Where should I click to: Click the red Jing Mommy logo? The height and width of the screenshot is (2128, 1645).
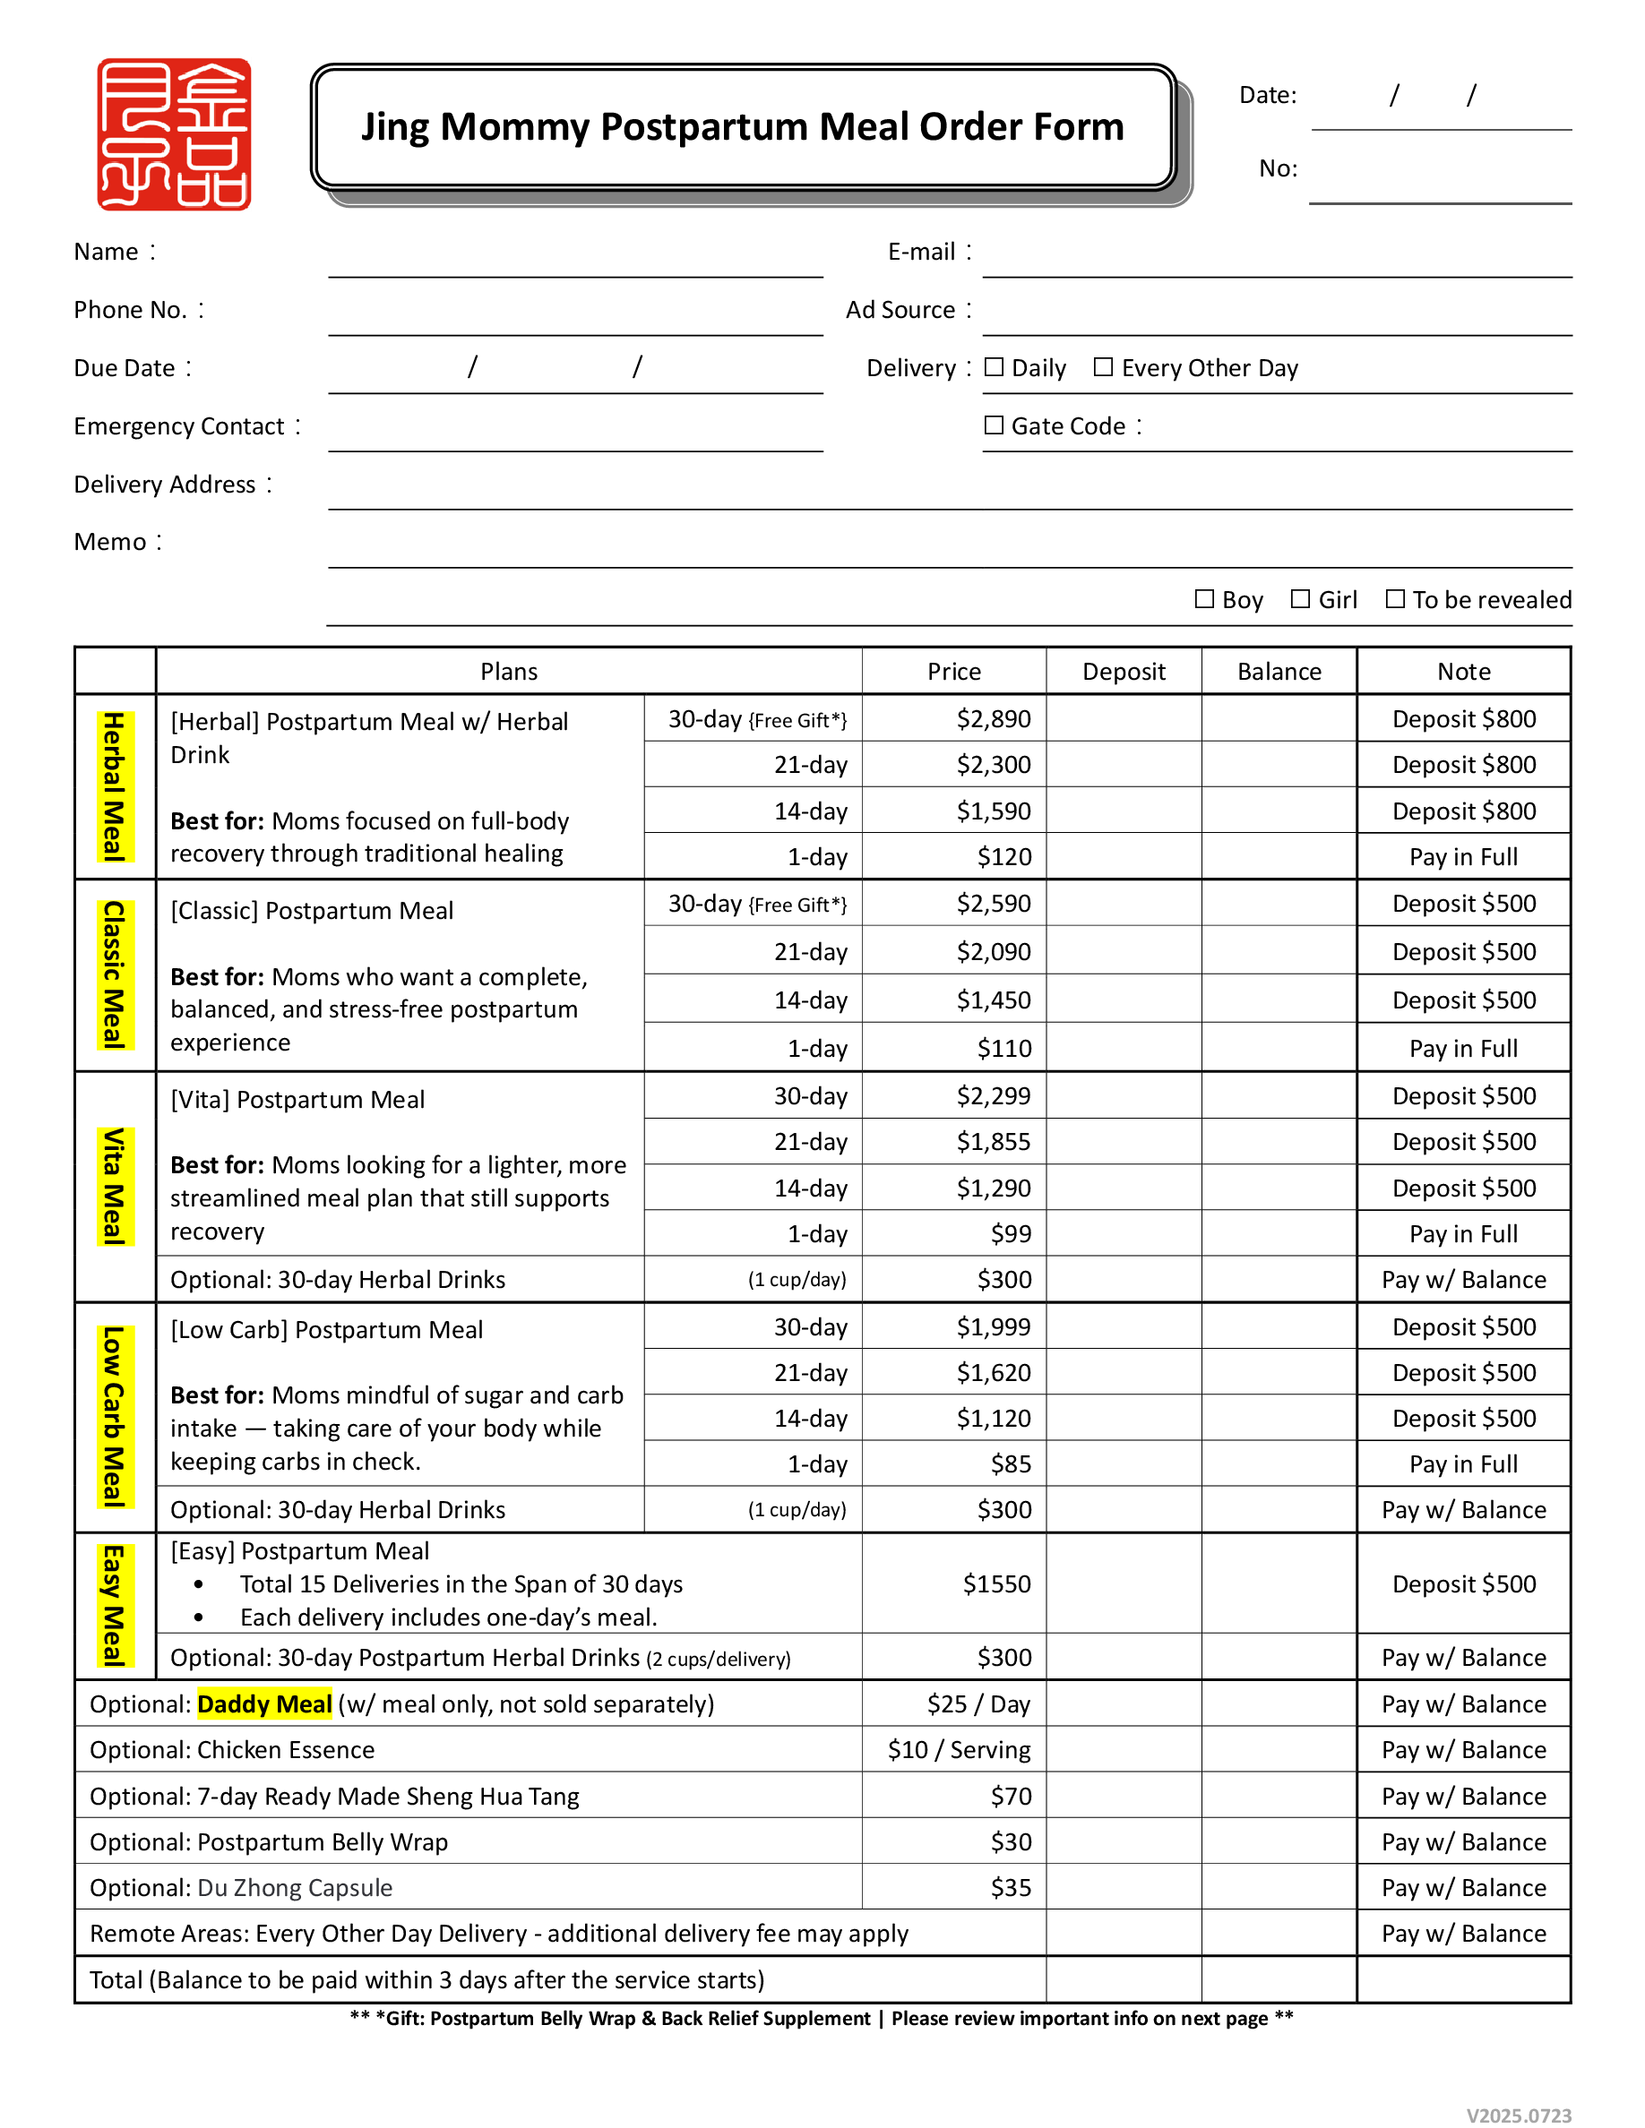coord(174,134)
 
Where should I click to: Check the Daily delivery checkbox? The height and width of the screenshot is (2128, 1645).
coord(994,367)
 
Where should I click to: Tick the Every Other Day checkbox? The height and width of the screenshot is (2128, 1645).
coord(1103,367)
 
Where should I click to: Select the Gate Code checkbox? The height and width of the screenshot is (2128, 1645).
coord(994,425)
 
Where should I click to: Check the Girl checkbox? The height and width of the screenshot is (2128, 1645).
coord(1300,599)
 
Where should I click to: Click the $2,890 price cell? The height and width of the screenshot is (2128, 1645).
coord(993,719)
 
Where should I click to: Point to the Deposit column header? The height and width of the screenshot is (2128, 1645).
coord(1124,672)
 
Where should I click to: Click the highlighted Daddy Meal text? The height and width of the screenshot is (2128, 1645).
coord(264,1704)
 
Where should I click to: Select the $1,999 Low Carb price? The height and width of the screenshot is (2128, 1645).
coord(993,1327)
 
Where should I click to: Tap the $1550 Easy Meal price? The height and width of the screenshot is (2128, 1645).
coord(996,1584)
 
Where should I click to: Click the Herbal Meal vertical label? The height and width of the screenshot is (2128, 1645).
coord(115,787)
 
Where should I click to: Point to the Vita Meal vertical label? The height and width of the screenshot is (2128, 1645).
coord(115,1187)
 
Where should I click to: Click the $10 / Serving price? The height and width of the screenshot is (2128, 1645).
coord(959,1750)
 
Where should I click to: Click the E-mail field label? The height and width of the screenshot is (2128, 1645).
coord(921,253)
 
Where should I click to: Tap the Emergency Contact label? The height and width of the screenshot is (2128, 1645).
coord(179,427)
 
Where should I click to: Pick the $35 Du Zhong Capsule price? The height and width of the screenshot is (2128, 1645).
coord(1011,1888)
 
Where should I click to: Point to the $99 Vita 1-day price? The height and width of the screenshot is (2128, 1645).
coord(1011,1234)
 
